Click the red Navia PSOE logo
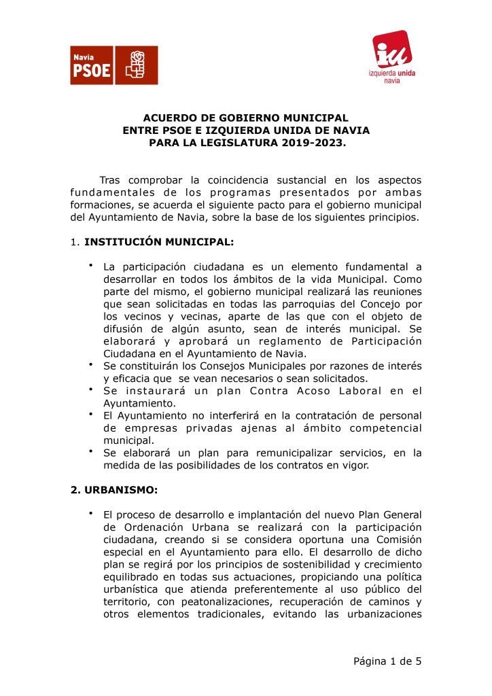[113, 65]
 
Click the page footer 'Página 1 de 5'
[387, 661]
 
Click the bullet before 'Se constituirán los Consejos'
[90, 366]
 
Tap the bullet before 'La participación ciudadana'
[90, 266]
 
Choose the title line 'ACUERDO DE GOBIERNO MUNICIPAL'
[245, 118]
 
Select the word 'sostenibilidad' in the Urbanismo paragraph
[311, 565]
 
